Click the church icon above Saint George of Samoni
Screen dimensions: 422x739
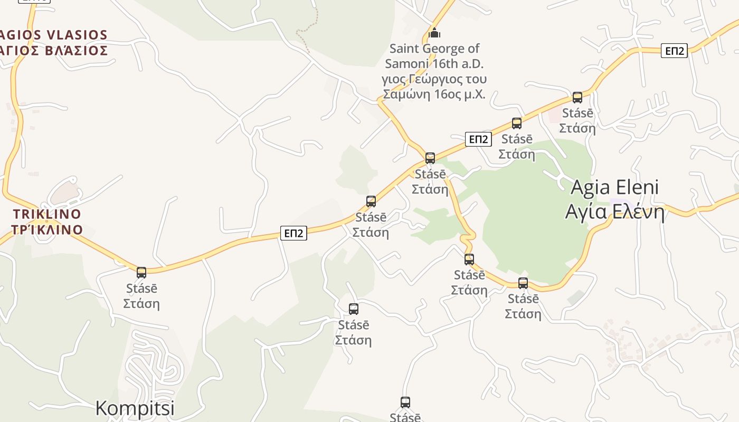(434, 33)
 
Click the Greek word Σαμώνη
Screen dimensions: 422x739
(405, 94)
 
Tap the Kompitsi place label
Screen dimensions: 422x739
(135, 408)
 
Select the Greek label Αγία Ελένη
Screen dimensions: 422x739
(615, 212)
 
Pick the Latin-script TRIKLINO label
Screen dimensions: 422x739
(48, 214)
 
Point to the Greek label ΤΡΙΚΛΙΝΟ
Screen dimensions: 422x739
(48, 230)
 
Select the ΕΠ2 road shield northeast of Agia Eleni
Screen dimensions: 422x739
(674, 51)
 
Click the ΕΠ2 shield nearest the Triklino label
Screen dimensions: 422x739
(293, 233)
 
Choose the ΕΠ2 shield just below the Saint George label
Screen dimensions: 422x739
(478, 139)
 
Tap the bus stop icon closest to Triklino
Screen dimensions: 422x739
(141, 273)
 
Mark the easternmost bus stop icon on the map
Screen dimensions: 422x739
(577, 98)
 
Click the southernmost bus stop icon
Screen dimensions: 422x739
(405, 402)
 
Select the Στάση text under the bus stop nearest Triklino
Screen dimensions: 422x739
(141, 304)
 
